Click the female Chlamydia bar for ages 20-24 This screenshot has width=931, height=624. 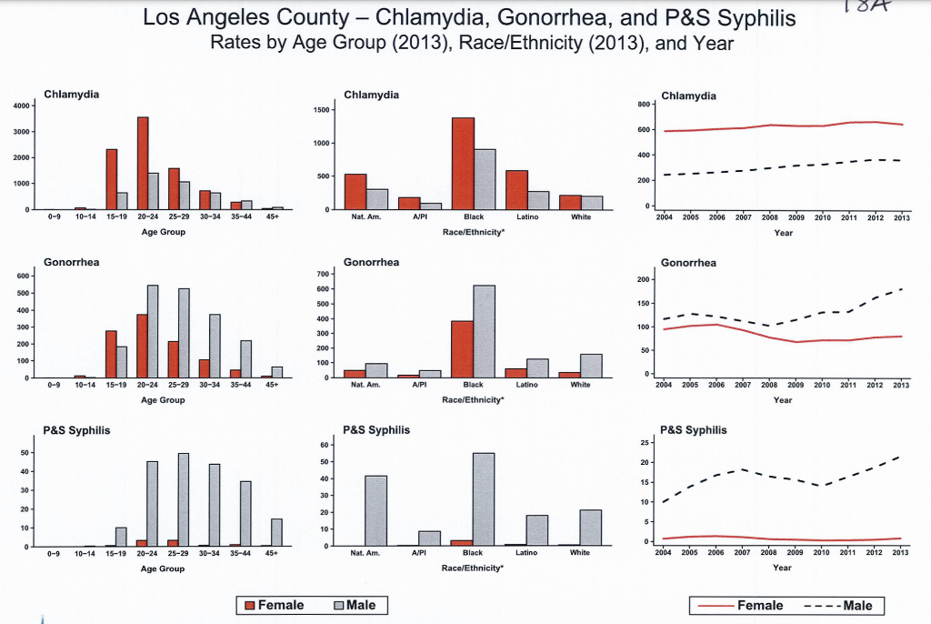[x=143, y=164]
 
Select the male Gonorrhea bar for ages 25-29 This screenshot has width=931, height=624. [x=184, y=333]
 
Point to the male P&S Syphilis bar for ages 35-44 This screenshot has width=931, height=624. [x=245, y=514]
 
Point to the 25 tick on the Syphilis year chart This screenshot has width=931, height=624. [x=646, y=443]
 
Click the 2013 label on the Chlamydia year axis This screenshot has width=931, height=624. [x=901, y=218]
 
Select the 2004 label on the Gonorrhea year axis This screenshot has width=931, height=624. [x=664, y=385]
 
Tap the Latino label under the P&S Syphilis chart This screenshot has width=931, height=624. [x=526, y=552]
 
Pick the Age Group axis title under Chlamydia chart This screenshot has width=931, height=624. [x=164, y=232]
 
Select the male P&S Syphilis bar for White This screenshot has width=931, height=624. [x=591, y=528]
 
